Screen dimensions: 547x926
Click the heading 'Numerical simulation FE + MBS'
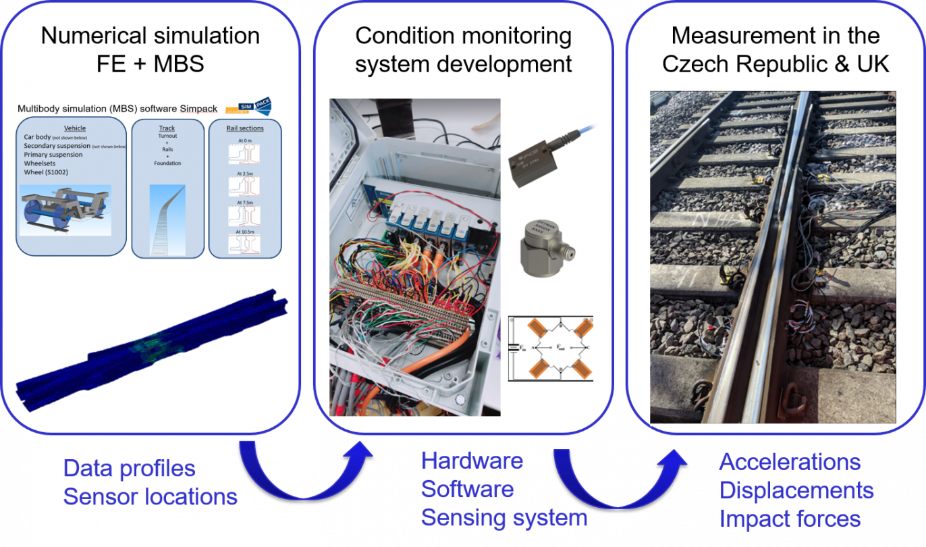click(x=150, y=49)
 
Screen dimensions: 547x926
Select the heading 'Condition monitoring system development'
click(x=464, y=49)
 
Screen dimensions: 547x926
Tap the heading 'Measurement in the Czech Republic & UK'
click(x=776, y=49)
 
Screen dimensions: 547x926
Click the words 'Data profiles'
click(x=129, y=468)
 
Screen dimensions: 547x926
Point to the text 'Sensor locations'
click(x=150, y=497)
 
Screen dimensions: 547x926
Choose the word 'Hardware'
click(x=472, y=461)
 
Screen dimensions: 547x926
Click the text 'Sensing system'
click(x=503, y=518)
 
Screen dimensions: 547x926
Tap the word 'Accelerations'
click(x=790, y=462)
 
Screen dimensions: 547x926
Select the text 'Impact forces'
click(x=790, y=519)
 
